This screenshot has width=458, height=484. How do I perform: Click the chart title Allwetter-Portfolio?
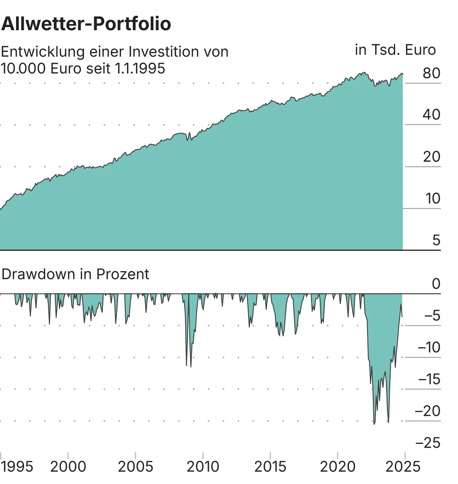click(86, 24)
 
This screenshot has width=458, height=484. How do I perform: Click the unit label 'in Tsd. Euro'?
click(395, 50)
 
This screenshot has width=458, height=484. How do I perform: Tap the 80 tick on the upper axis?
click(431, 73)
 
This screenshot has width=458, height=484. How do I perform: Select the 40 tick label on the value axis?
click(431, 115)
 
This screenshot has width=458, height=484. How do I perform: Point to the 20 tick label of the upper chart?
click(431, 157)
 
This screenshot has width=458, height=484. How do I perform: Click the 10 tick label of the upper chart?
click(432, 198)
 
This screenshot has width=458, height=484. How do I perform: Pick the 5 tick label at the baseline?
click(436, 240)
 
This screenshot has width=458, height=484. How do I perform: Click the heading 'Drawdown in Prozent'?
click(75, 274)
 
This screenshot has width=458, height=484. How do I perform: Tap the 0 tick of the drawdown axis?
click(436, 284)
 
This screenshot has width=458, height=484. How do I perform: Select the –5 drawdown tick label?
click(432, 316)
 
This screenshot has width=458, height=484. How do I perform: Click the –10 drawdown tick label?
click(429, 348)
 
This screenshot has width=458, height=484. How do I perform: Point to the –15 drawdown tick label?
click(429, 379)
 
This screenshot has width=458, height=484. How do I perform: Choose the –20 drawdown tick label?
click(427, 411)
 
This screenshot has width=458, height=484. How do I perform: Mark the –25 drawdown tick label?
click(427, 443)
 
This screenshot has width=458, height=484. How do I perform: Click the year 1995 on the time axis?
click(17, 467)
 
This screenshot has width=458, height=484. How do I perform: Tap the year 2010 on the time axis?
click(203, 467)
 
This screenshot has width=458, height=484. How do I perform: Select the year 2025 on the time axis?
click(403, 467)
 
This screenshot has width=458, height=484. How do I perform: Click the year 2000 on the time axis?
click(68, 467)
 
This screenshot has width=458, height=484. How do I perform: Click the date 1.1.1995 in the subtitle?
click(140, 69)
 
